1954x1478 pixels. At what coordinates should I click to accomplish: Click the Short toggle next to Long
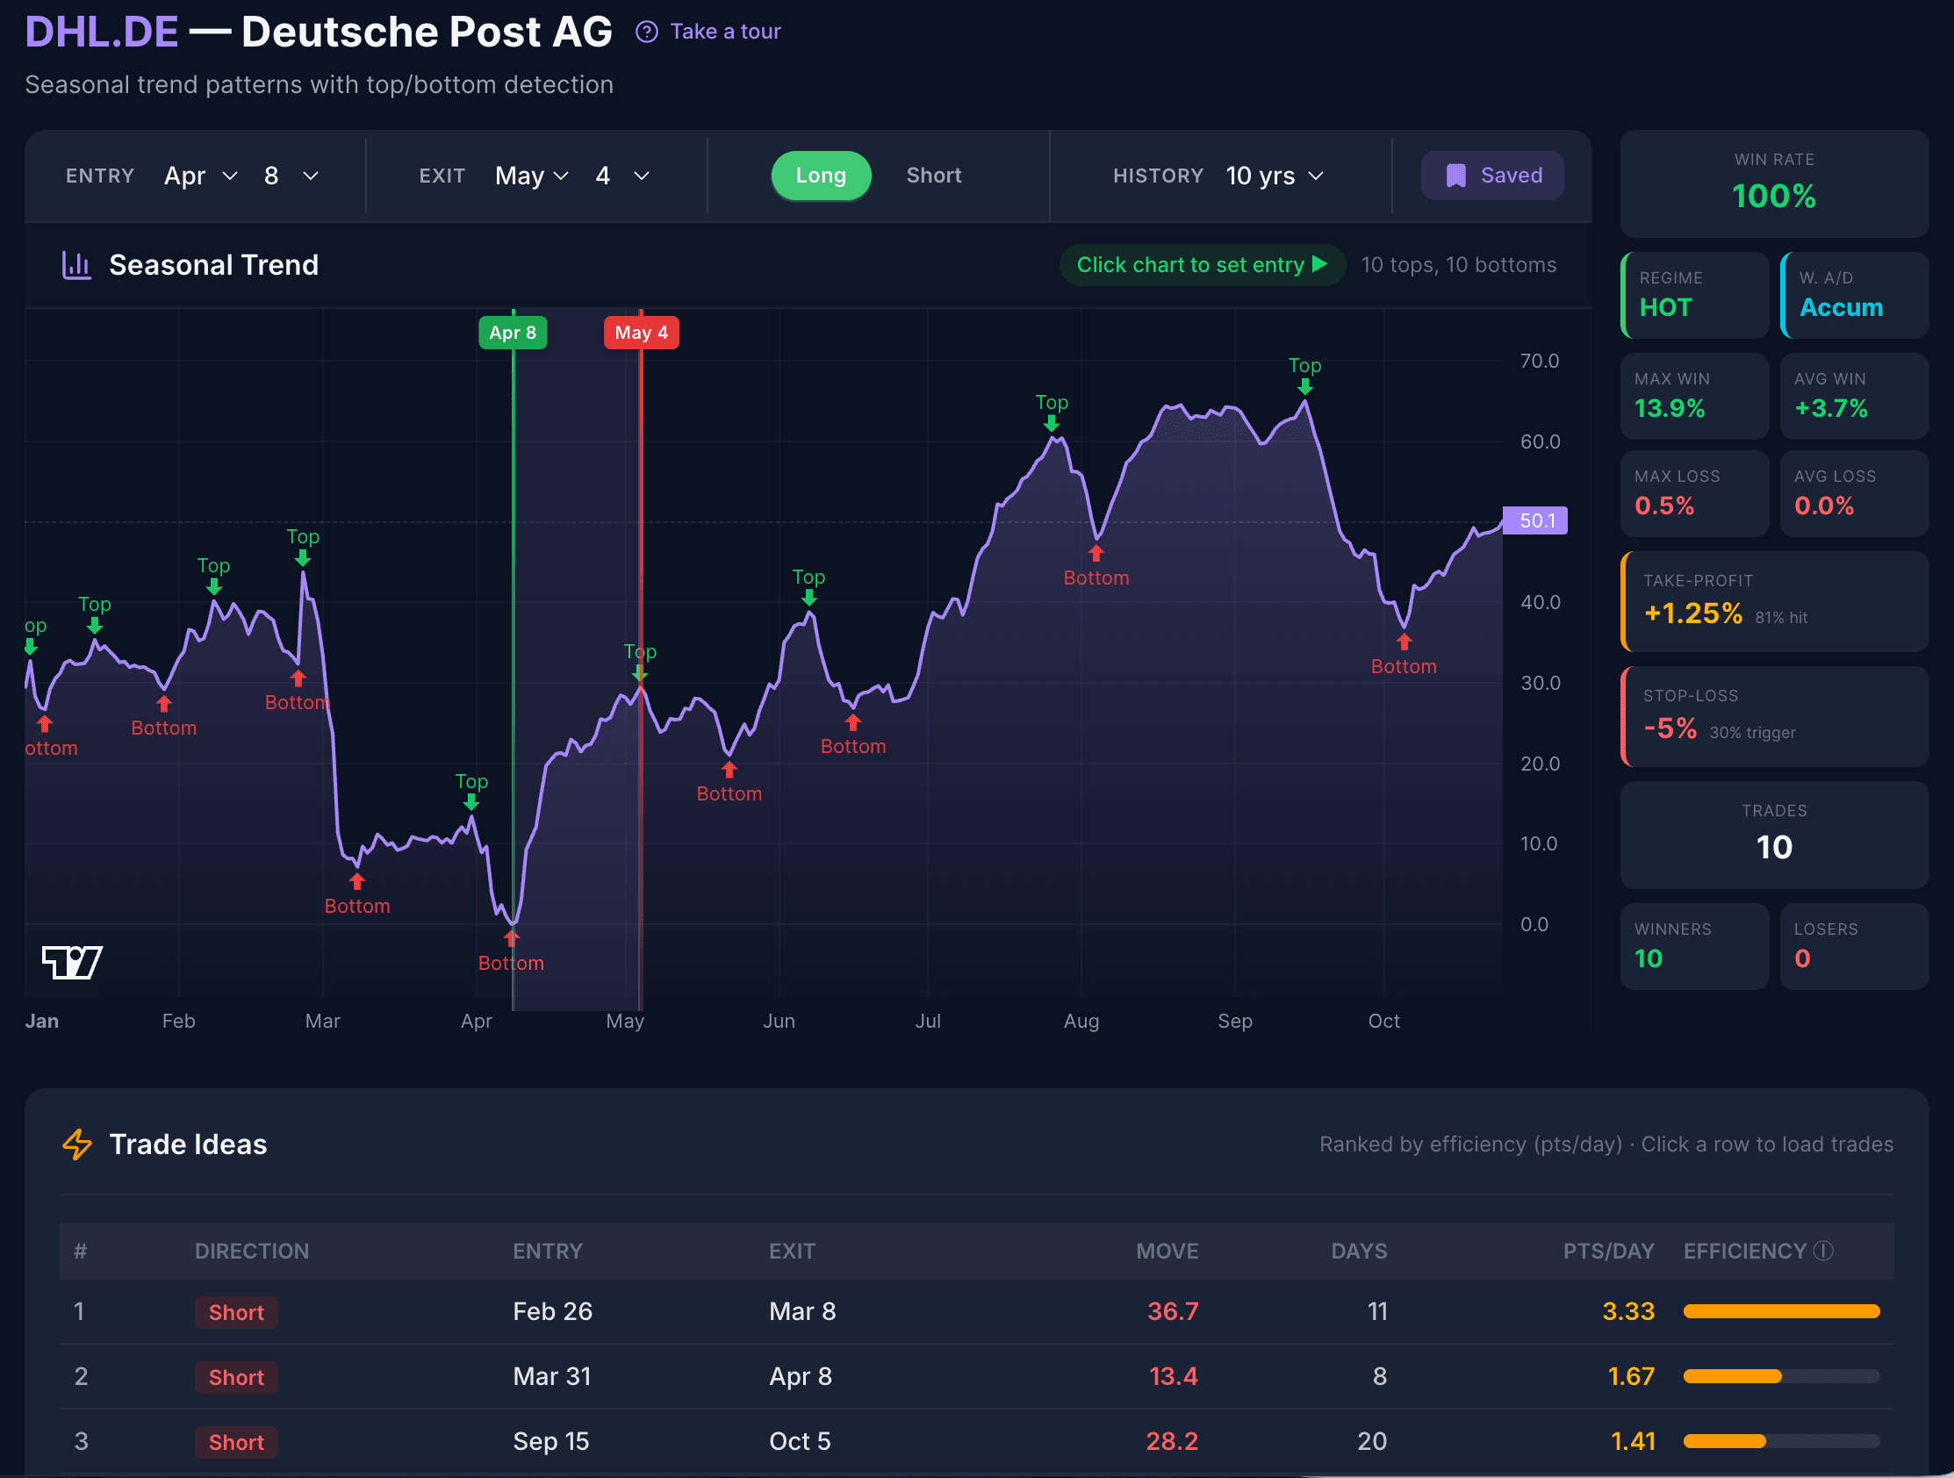tap(933, 175)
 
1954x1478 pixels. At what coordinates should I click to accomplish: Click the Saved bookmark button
tap(1492, 175)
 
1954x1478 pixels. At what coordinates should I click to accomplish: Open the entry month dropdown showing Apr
tap(200, 176)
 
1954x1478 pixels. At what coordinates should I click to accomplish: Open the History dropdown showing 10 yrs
tap(1274, 176)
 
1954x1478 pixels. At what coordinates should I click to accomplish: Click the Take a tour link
tap(724, 32)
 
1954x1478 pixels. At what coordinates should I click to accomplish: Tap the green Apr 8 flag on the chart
tap(513, 333)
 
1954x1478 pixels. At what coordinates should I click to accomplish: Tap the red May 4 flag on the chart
tap(642, 333)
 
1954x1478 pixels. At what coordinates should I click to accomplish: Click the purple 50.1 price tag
tap(1535, 520)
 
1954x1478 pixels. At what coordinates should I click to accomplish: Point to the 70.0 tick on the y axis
tap(1539, 362)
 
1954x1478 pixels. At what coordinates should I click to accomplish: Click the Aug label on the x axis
tap(1081, 1022)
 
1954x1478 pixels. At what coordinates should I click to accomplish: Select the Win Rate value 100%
tap(1773, 196)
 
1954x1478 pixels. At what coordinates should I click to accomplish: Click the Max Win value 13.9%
tap(1670, 408)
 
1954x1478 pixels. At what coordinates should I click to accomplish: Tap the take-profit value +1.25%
tap(1692, 613)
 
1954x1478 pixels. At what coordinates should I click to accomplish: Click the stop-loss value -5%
tap(1670, 728)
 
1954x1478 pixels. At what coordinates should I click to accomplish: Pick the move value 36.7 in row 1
tap(1172, 1311)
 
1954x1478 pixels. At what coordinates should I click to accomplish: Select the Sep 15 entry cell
tap(551, 1442)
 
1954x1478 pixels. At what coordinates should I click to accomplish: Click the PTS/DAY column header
tap(1608, 1251)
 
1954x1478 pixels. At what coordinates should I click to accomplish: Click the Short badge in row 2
tap(236, 1377)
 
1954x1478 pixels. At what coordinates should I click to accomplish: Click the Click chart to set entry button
tap(1202, 265)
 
